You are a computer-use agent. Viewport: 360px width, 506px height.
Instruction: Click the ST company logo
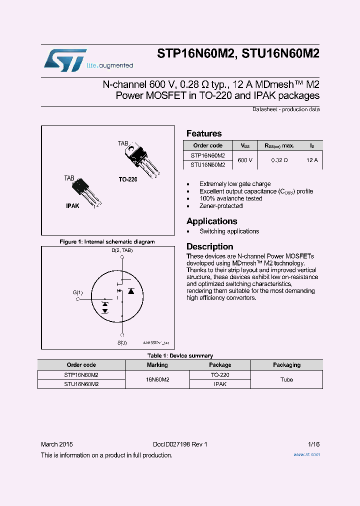tap(65, 59)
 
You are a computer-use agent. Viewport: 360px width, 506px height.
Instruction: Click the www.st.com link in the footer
tap(306, 454)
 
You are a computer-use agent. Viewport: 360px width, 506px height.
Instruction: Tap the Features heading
tap(204, 133)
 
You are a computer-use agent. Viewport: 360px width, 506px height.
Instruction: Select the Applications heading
tap(211, 221)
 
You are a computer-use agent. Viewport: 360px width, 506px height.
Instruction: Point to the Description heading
tap(209, 246)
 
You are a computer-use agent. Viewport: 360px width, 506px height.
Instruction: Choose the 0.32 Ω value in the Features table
tap(279, 160)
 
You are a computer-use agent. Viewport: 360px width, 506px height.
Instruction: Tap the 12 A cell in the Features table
tap(312, 160)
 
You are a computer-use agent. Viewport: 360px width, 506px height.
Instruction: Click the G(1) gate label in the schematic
tap(78, 293)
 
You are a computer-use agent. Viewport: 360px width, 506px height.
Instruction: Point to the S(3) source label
tap(122, 342)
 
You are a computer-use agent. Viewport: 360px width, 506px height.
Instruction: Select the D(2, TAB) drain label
tap(122, 250)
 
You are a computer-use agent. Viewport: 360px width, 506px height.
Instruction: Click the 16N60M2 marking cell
tap(157, 379)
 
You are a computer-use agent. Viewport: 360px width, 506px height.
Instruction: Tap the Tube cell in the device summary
tap(286, 379)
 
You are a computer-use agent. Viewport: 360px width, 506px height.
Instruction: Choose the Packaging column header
tap(286, 365)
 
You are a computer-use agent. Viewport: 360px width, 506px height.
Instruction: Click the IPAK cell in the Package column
tap(220, 384)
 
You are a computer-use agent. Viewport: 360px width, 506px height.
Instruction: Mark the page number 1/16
tap(314, 444)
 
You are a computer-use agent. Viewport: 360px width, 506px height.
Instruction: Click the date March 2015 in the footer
tap(56, 444)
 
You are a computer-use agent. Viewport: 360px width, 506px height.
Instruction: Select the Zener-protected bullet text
tap(221, 206)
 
